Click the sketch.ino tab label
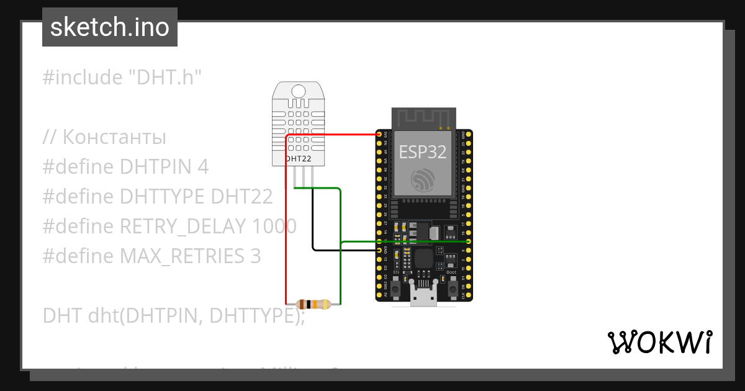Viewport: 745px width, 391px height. pyautogui.click(x=109, y=27)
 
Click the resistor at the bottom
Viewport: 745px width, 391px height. pyautogui.click(x=314, y=304)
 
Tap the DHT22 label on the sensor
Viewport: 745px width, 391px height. pyautogui.click(x=298, y=159)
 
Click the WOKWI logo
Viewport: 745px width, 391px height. pyautogui.click(x=659, y=342)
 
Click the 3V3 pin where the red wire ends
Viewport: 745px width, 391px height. pyautogui.click(x=379, y=134)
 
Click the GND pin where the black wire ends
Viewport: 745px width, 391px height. pyautogui.click(x=379, y=250)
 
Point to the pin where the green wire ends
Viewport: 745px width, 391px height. pyautogui.click(x=469, y=241)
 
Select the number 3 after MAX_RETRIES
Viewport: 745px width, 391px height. pyautogui.click(x=255, y=256)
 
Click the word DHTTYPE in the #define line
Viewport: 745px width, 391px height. pyautogui.click(x=162, y=197)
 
